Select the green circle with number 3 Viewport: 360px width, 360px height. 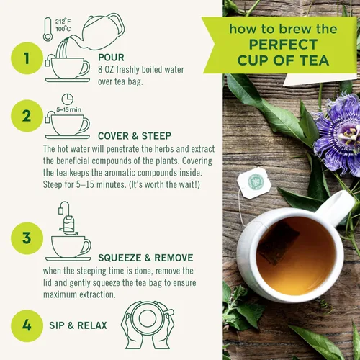coord(27,238)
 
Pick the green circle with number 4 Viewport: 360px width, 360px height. coord(27,325)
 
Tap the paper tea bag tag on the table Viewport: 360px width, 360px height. coord(256,180)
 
